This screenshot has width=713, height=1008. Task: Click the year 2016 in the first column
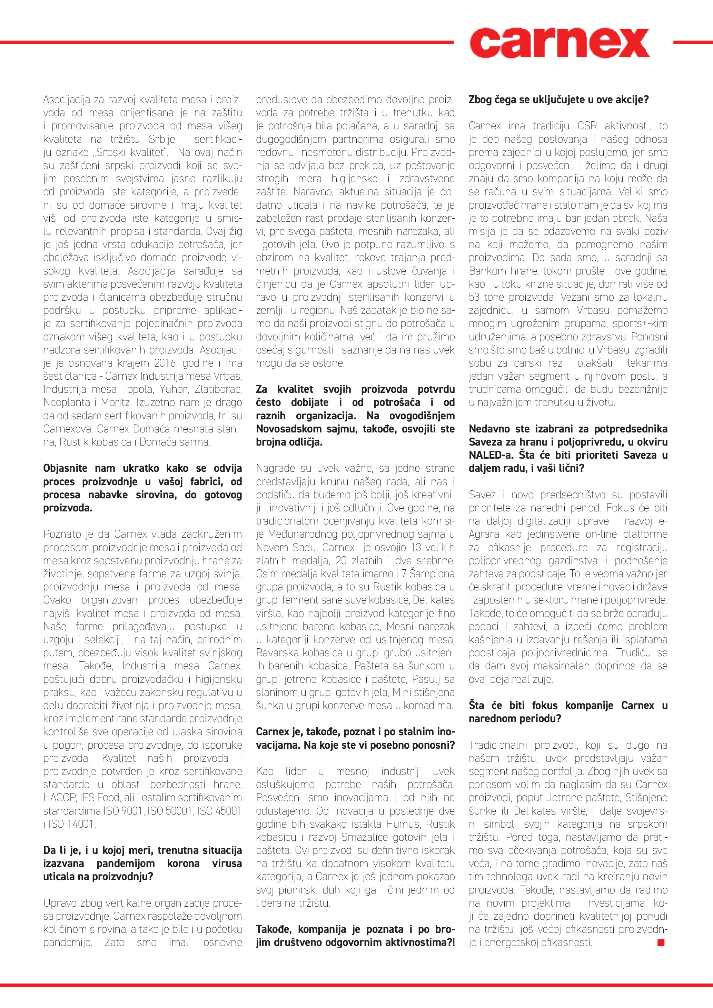tap(165, 363)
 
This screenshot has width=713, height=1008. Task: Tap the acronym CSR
tap(586, 126)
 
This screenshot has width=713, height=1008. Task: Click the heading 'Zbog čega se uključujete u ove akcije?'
tap(558, 100)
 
